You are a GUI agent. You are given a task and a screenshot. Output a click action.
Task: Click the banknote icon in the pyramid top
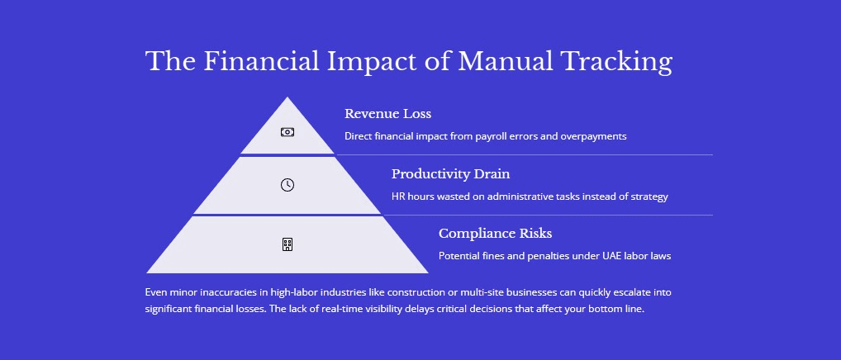click(287, 132)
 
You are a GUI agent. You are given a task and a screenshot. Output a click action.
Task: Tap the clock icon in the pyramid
click(287, 185)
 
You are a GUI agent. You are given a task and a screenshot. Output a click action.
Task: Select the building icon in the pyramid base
click(287, 244)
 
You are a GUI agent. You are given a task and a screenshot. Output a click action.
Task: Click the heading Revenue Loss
click(387, 114)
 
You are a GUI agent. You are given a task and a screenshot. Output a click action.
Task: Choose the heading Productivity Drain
click(450, 174)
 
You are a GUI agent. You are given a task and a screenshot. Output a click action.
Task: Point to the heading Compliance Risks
click(495, 234)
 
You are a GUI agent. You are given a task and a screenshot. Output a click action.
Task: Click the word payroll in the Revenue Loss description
click(492, 136)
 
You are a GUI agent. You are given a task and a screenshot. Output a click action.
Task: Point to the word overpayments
click(593, 136)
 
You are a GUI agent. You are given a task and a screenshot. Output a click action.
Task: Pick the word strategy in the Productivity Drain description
click(649, 197)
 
